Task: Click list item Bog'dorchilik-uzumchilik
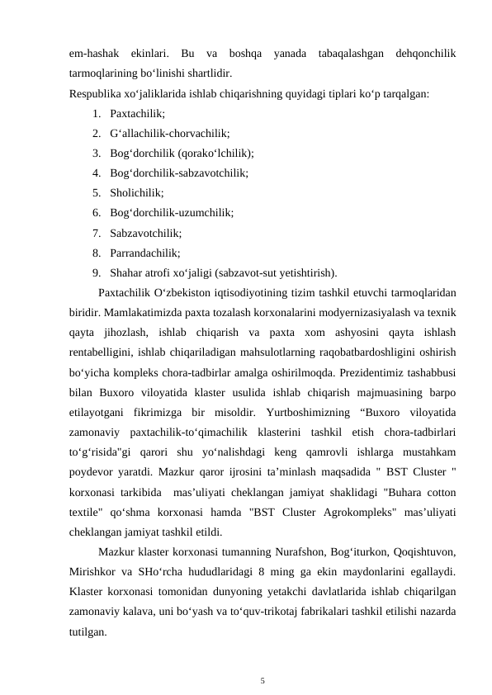[171, 213]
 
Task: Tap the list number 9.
[96, 273]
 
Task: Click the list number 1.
[96, 113]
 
